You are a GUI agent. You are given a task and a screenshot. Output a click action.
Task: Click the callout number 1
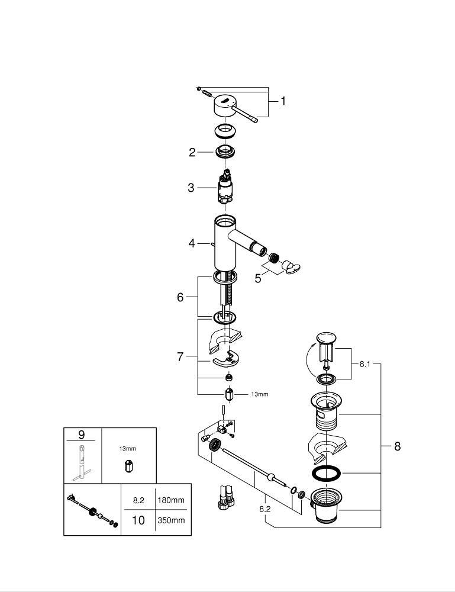[x=283, y=101]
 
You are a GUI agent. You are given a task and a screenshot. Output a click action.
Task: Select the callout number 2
[x=192, y=153]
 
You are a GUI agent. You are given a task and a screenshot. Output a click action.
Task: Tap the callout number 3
[x=191, y=188]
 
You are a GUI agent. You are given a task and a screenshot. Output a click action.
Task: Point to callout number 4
[x=192, y=243]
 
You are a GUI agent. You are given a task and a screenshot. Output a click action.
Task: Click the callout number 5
[x=258, y=278]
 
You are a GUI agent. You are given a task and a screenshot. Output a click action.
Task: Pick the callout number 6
[x=180, y=297]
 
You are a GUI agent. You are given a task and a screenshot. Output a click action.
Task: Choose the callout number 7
[x=180, y=356]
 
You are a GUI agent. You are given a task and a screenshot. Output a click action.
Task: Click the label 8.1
[x=365, y=364]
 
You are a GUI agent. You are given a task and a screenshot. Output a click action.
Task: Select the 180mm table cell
[x=171, y=500]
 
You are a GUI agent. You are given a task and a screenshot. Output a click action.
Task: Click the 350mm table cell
[x=171, y=520]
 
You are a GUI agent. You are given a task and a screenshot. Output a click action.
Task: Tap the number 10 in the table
[x=138, y=520]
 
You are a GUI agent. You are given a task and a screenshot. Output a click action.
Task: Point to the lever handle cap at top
[x=225, y=105]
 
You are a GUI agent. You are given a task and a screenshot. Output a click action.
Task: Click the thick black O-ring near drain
[x=325, y=473]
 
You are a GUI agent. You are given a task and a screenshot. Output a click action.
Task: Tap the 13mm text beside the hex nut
[x=259, y=394]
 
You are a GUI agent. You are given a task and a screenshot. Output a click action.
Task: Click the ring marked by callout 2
[x=225, y=151]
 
